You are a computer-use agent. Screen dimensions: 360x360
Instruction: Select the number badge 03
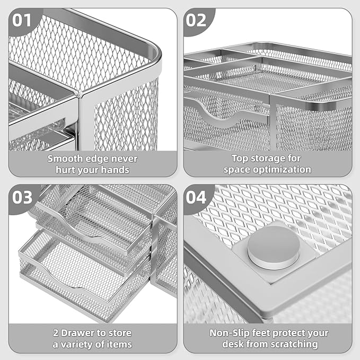click(21, 198)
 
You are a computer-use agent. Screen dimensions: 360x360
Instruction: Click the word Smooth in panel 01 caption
click(65, 158)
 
